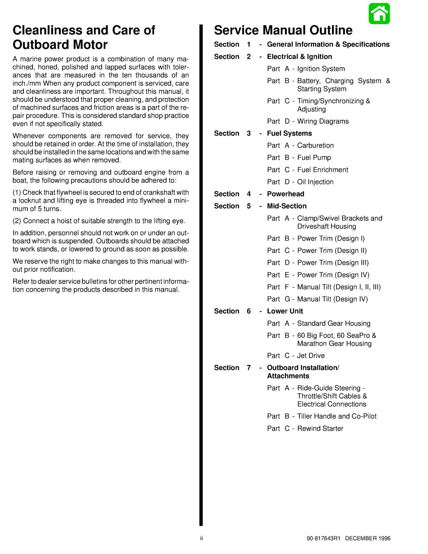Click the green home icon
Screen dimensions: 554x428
click(x=379, y=14)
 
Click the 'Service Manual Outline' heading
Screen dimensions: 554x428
click(x=283, y=30)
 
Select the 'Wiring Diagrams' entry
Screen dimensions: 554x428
click(x=323, y=122)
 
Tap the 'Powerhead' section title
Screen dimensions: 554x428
click(x=285, y=194)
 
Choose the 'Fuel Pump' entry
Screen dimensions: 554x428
click(x=314, y=158)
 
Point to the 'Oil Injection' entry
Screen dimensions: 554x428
click(x=315, y=182)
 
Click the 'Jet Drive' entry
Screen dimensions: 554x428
click(x=311, y=356)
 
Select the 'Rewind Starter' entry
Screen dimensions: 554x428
click(x=320, y=429)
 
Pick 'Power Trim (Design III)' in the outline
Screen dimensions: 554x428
click(x=333, y=263)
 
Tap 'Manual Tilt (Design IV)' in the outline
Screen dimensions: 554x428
click(x=332, y=299)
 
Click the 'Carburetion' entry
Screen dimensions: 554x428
click(x=315, y=146)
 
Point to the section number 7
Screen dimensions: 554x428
click(x=249, y=368)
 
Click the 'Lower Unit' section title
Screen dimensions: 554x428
click(x=285, y=311)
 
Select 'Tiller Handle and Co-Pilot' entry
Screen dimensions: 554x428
click(x=337, y=417)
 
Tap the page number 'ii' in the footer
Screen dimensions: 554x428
click(x=201, y=538)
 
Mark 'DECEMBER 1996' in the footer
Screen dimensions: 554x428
click(x=368, y=538)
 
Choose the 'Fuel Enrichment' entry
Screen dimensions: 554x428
click(x=322, y=170)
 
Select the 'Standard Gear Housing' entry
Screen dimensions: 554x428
click(x=333, y=323)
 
